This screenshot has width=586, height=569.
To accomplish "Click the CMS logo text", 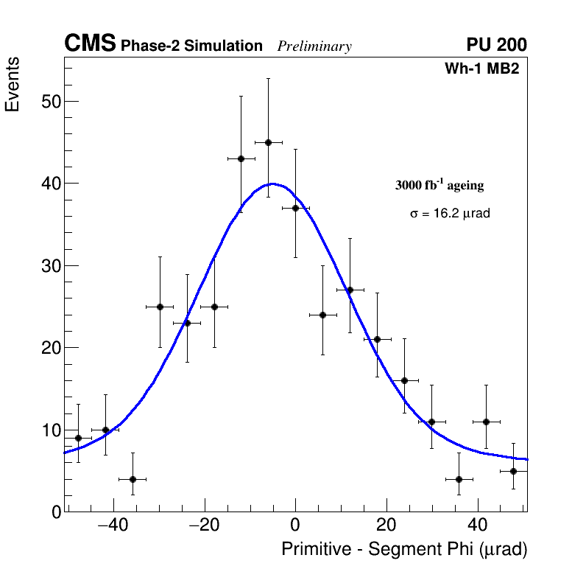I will [90, 44].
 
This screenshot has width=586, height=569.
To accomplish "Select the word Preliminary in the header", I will [314, 46].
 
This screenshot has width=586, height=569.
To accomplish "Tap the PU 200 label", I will [496, 45].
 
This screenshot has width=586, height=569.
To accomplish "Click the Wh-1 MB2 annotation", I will [482, 69].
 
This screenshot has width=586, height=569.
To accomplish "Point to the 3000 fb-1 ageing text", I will [439, 185].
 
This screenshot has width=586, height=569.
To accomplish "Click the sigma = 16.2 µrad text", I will [450, 214].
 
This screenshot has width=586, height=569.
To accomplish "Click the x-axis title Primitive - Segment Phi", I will [404, 549].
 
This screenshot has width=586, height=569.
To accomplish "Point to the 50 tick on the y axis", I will [50, 101].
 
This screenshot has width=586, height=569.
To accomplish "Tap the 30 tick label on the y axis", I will [50, 265].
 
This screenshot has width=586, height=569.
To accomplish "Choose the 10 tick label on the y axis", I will [50, 430].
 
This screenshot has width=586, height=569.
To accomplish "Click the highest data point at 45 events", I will [268, 142].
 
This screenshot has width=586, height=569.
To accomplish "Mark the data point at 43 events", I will [241, 158].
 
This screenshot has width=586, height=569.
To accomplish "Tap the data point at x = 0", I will [295, 208].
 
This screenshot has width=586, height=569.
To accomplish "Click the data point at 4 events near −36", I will [133, 479].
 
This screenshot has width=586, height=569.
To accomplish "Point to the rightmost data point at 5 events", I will [513, 471].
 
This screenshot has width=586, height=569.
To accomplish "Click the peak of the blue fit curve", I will [272, 184].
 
